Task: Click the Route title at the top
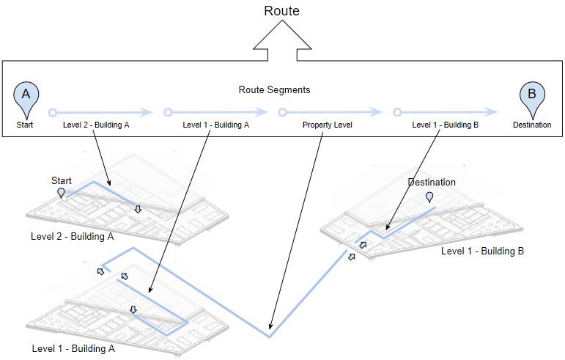282,11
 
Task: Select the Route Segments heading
274,90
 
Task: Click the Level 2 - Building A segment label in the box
96,125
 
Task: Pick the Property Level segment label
328,125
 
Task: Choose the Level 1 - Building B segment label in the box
445,125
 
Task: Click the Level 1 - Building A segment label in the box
215,125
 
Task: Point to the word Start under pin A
26,125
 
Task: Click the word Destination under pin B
531,125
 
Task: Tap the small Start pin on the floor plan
62,192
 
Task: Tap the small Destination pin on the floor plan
429,196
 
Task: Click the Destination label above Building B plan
432,183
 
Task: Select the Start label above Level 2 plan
62,180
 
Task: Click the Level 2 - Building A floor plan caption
72,237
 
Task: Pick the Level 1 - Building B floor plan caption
482,251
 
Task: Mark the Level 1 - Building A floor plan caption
73,349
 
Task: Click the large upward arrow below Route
282,40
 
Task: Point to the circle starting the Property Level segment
282,113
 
